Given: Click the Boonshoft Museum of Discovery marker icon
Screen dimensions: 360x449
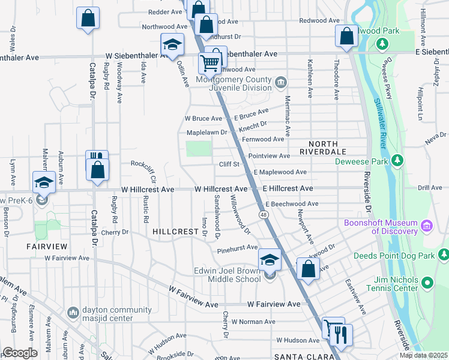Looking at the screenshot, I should tap(427, 226).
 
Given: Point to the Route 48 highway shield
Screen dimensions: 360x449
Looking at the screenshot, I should tap(264, 214).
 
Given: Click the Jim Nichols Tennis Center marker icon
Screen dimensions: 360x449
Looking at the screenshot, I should tap(427, 282).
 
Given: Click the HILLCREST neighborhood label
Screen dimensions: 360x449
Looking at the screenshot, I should tap(175, 231).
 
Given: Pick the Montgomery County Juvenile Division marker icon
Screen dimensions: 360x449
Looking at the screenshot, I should tap(280, 82).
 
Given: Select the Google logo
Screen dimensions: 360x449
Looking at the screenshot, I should tap(20, 353).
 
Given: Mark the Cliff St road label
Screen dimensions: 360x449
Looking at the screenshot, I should tap(229, 163).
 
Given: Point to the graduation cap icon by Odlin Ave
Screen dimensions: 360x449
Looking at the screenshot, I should tap(172, 45).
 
